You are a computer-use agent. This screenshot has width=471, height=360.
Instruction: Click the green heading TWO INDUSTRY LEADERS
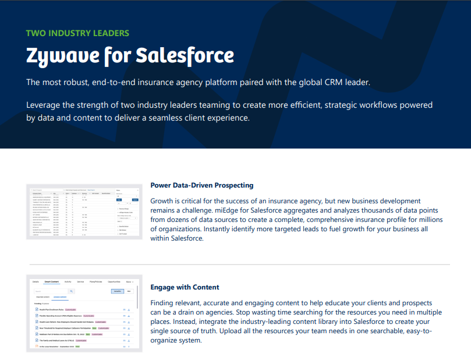(x=77, y=33)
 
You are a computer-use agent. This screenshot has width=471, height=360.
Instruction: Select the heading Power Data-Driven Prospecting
(x=201, y=185)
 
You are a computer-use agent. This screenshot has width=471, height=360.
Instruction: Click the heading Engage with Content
(x=185, y=287)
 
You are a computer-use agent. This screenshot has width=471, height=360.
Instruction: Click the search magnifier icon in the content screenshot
(x=72, y=291)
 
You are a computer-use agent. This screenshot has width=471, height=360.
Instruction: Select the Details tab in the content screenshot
(x=36, y=281)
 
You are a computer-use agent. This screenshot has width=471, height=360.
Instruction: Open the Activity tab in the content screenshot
(x=68, y=281)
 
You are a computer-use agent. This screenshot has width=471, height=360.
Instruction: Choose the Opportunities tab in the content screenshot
(x=114, y=281)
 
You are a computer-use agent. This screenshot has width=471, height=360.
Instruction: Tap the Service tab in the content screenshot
(x=80, y=281)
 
